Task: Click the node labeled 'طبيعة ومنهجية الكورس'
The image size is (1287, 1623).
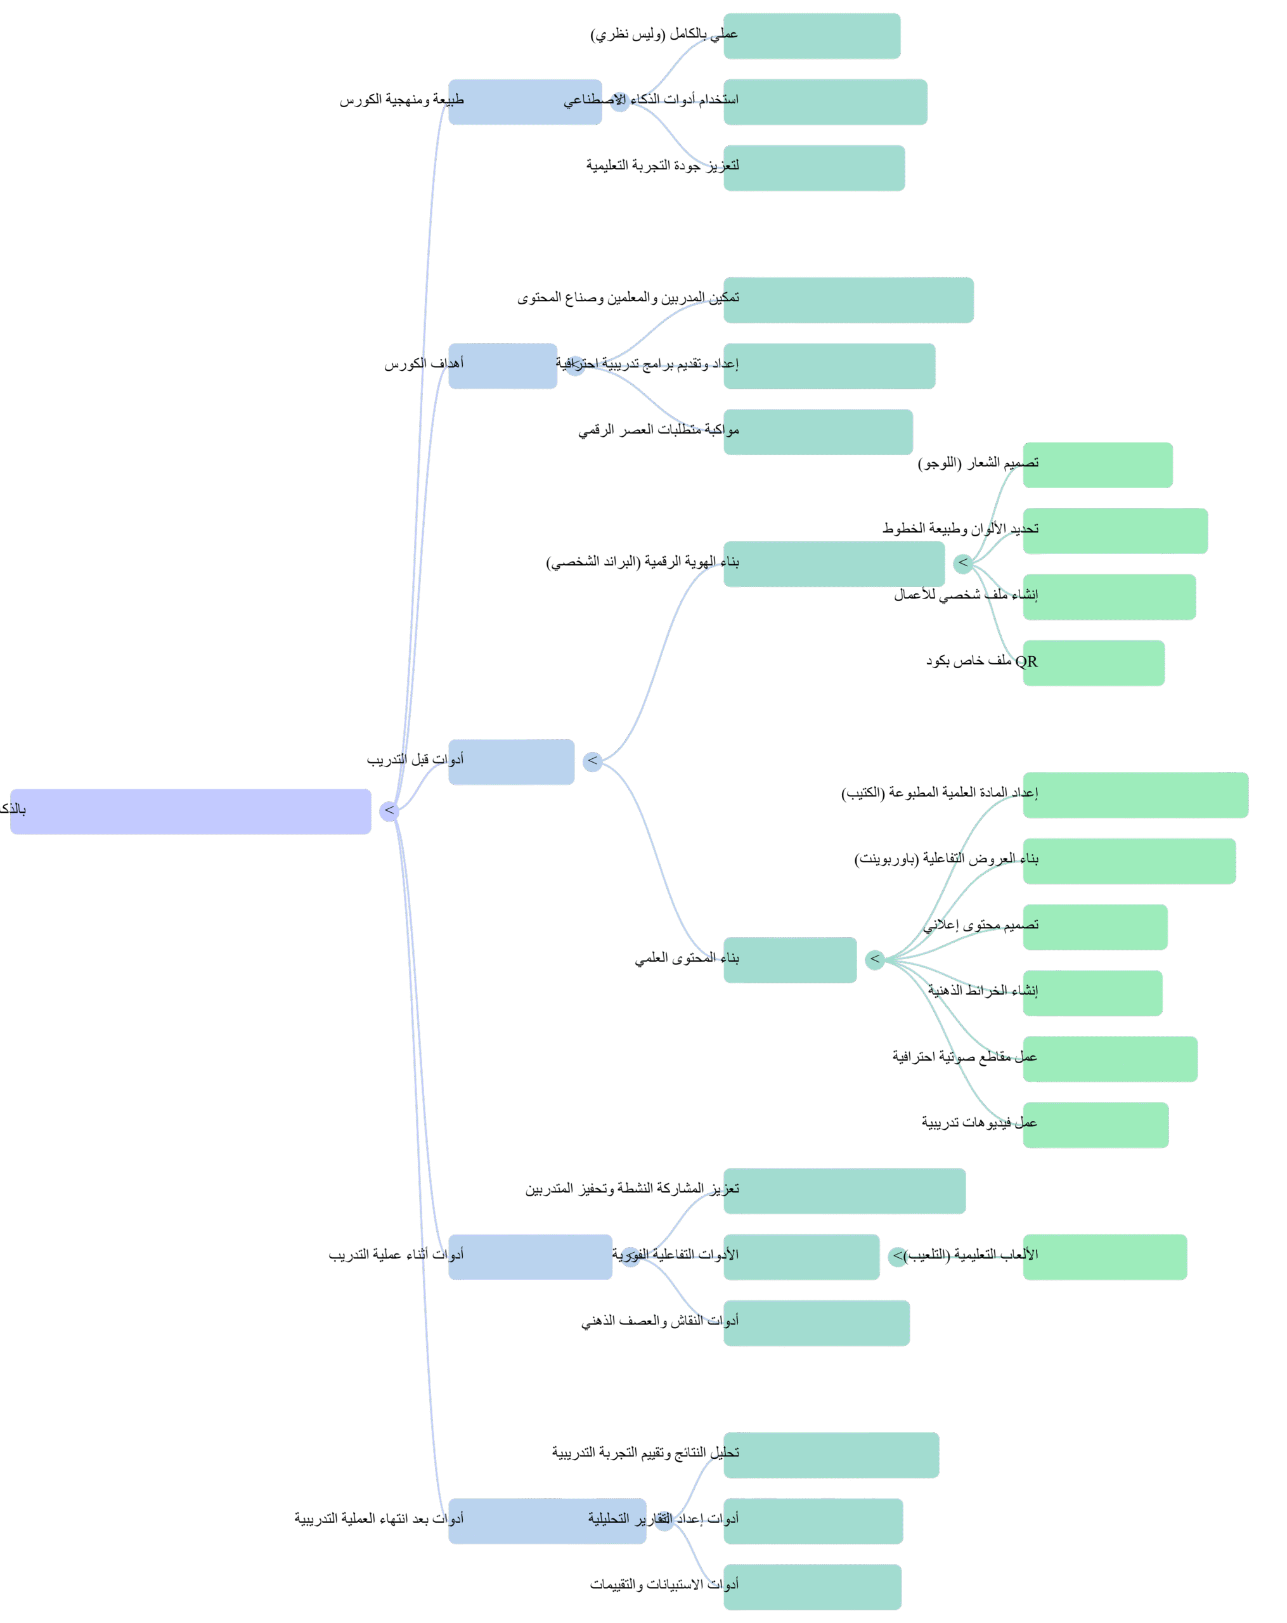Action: [x=524, y=101]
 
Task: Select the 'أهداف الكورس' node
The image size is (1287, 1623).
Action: [x=502, y=366]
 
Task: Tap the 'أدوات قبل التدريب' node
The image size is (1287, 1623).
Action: [x=511, y=762]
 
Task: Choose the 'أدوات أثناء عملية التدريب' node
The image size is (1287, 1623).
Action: [x=530, y=1257]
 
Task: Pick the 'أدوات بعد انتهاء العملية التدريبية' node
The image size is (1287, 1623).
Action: [x=546, y=1521]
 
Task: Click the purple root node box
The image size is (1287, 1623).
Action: [x=190, y=811]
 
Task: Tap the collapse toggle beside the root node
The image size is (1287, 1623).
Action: [x=389, y=811]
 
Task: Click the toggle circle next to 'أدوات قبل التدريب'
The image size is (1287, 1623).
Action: [x=592, y=761]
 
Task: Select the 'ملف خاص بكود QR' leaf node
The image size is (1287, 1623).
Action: [x=1093, y=663]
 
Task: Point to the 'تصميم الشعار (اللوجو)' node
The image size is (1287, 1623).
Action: [x=1097, y=465]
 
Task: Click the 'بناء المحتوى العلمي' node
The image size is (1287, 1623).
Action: [x=789, y=959]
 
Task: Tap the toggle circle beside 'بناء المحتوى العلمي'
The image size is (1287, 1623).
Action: [x=874, y=960]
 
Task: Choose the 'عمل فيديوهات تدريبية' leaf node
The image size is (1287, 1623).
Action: [x=1095, y=1125]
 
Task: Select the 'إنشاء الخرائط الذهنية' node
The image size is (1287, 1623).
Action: [x=1092, y=993]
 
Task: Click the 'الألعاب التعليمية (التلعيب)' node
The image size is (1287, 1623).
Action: [x=1104, y=1257]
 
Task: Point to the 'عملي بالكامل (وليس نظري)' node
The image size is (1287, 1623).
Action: [x=812, y=36]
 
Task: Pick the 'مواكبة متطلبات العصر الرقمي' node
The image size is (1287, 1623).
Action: [x=817, y=431]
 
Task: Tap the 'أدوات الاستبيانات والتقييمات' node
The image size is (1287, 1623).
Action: [x=812, y=1586]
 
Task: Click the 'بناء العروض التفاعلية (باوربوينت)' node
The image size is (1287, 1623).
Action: [x=1129, y=860]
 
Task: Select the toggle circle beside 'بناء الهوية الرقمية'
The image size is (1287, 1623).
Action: [x=962, y=563]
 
